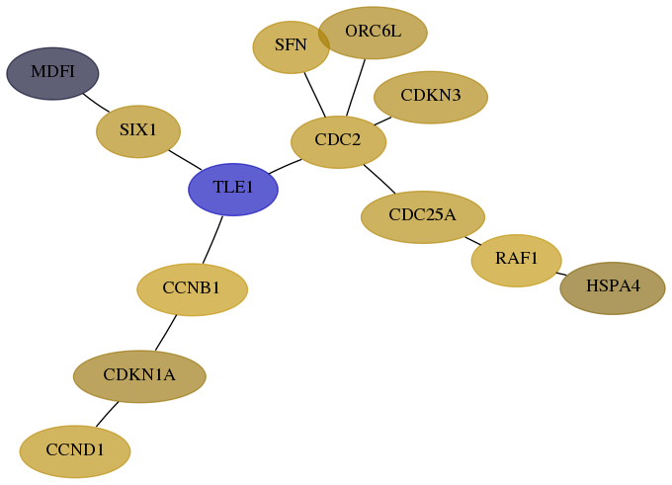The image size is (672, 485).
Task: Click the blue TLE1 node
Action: point(233,190)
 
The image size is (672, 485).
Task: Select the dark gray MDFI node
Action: point(52,74)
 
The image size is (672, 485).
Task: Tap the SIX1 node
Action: point(138,131)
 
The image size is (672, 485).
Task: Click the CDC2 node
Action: point(339,142)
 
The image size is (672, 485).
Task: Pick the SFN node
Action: point(291,47)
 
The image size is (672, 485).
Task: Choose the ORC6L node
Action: point(373,33)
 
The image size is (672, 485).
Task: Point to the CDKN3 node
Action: point(431,97)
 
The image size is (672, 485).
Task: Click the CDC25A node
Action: point(423,217)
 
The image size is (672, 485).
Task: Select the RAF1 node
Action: point(517,261)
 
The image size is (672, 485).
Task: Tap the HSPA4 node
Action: point(613,288)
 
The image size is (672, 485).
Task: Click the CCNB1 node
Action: point(192,289)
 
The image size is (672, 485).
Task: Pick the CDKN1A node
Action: point(139,376)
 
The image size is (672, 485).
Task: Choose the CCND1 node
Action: point(75,451)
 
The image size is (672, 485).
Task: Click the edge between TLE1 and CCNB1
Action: point(212,240)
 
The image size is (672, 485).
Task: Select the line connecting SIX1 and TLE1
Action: point(185,160)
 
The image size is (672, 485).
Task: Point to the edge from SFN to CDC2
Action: point(315,94)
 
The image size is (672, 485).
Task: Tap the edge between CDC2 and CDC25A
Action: point(379,179)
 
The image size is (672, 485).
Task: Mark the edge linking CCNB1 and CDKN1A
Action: point(166,333)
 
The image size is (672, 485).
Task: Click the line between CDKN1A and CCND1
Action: point(107,414)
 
